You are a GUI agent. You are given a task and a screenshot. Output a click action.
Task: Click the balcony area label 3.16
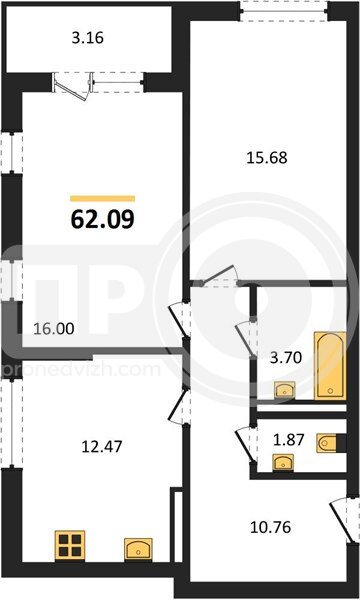88,38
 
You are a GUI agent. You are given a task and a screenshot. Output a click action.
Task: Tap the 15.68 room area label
267,157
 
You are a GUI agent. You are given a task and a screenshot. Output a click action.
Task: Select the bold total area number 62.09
103,219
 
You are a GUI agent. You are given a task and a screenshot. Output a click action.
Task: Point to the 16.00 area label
54,328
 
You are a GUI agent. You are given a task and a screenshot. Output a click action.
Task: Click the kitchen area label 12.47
102,446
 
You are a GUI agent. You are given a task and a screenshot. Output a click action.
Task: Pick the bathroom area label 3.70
285,358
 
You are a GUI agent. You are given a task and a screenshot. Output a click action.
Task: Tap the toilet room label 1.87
288,440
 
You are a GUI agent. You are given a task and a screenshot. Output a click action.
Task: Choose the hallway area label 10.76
270,527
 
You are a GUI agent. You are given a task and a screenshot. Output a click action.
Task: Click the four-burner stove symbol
70,546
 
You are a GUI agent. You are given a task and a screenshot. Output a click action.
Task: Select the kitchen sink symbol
138,549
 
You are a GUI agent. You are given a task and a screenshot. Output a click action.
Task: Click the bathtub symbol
330,366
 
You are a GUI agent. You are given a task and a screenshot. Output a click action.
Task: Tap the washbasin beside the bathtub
285,390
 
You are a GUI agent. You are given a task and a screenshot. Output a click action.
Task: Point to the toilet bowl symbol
327,443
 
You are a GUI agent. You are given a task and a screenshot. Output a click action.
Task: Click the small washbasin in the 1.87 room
283,462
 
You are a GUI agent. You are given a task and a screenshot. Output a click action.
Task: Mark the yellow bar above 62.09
103,198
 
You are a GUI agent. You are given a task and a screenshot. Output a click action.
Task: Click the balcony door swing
73,86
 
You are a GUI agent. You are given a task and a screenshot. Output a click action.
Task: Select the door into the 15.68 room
220,276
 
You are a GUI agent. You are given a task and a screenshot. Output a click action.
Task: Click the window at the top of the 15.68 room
285,10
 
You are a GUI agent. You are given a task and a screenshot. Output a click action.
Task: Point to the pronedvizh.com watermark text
80,370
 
